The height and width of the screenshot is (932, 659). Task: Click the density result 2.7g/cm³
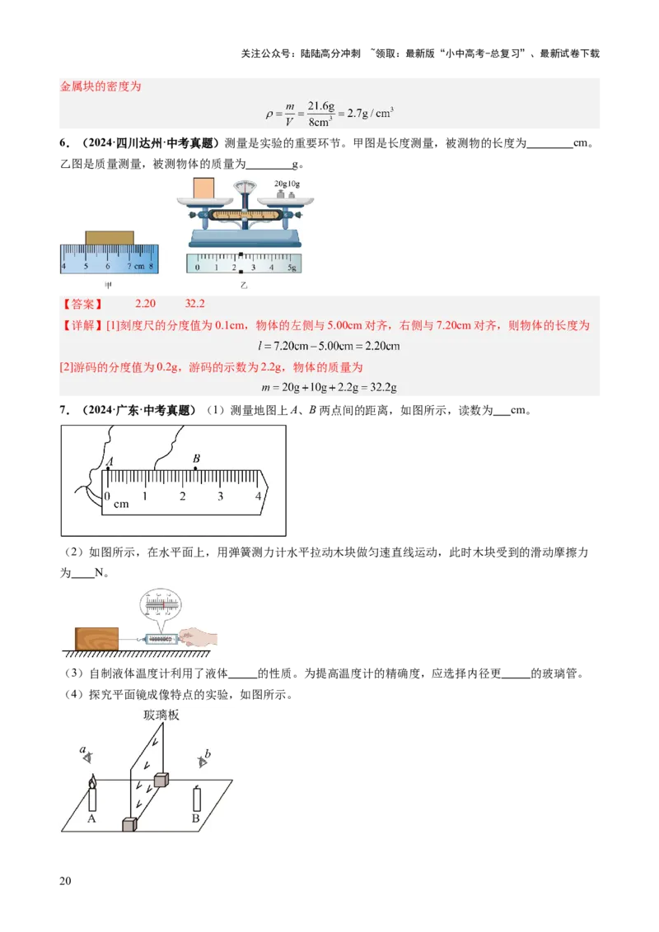(x=370, y=113)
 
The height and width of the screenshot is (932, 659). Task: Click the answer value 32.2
(x=194, y=304)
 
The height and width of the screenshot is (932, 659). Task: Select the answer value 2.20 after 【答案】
(x=145, y=304)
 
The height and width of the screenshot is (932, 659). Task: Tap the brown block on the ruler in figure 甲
(x=109, y=238)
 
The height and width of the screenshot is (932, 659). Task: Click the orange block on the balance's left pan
(x=203, y=188)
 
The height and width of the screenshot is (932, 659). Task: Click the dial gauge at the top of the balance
(x=245, y=187)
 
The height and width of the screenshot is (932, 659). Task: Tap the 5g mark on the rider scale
(x=291, y=268)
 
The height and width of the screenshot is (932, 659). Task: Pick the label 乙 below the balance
(x=244, y=284)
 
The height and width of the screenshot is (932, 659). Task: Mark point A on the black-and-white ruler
(x=108, y=468)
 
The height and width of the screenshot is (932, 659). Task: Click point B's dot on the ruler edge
(x=195, y=468)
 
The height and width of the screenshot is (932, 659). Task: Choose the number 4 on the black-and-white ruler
(x=258, y=496)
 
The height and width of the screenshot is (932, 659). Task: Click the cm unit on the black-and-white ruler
(x=121, y=503)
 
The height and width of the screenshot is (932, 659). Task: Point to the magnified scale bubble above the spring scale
(x=161, y=605)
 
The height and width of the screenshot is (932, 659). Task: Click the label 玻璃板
(x=161, y=715)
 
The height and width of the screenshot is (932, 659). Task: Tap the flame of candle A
(x=91, y=780)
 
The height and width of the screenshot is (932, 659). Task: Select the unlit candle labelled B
(x=196, y=799)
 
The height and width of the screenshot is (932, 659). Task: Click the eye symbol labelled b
(x=203, y=760)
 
